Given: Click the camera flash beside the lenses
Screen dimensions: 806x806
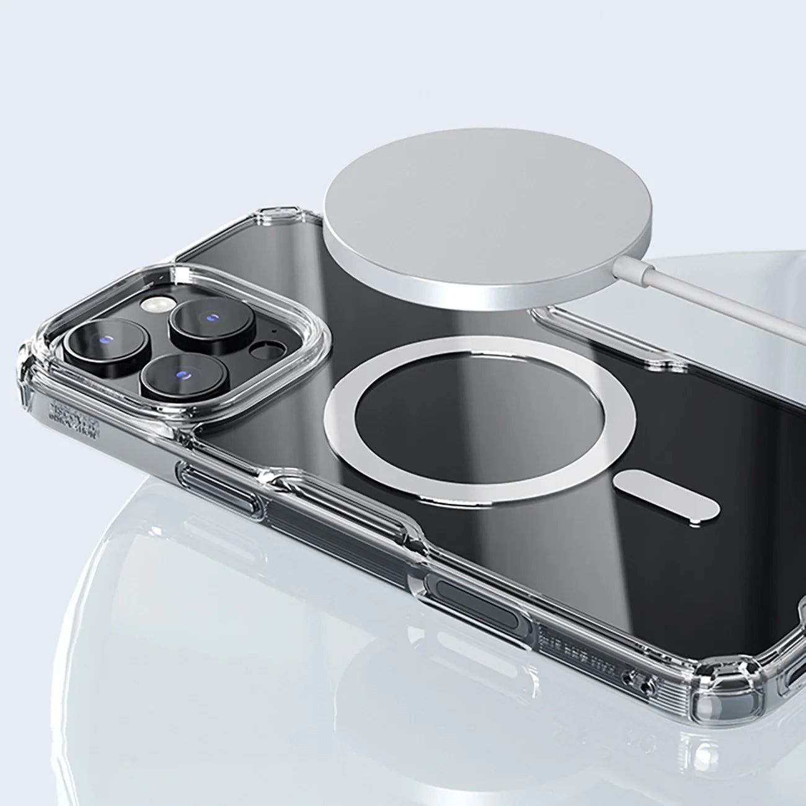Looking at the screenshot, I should pyautogui.click(x=151, y=304).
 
